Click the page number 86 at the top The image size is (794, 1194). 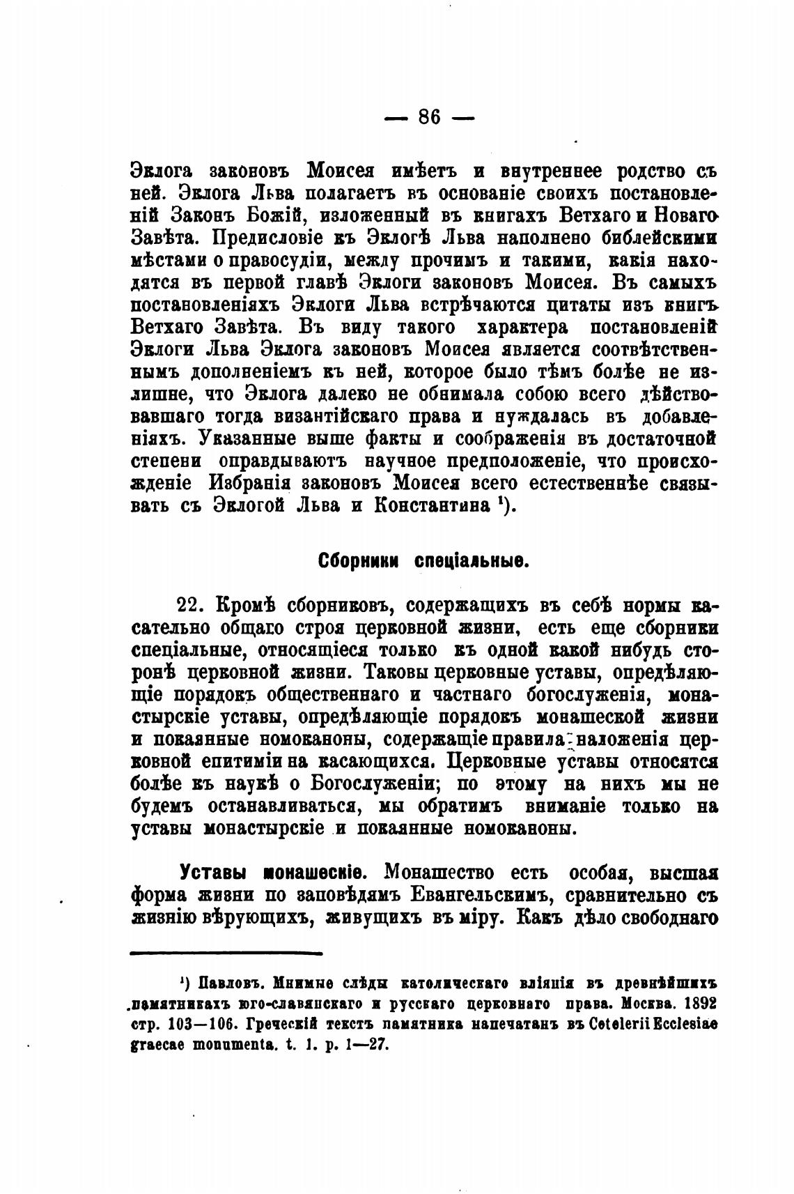[x=430, y=117]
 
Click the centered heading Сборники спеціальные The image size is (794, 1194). [x=423, y=561]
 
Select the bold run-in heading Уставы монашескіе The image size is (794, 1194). [x=270, y=872]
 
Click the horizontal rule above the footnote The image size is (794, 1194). [x=226, y=952]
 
